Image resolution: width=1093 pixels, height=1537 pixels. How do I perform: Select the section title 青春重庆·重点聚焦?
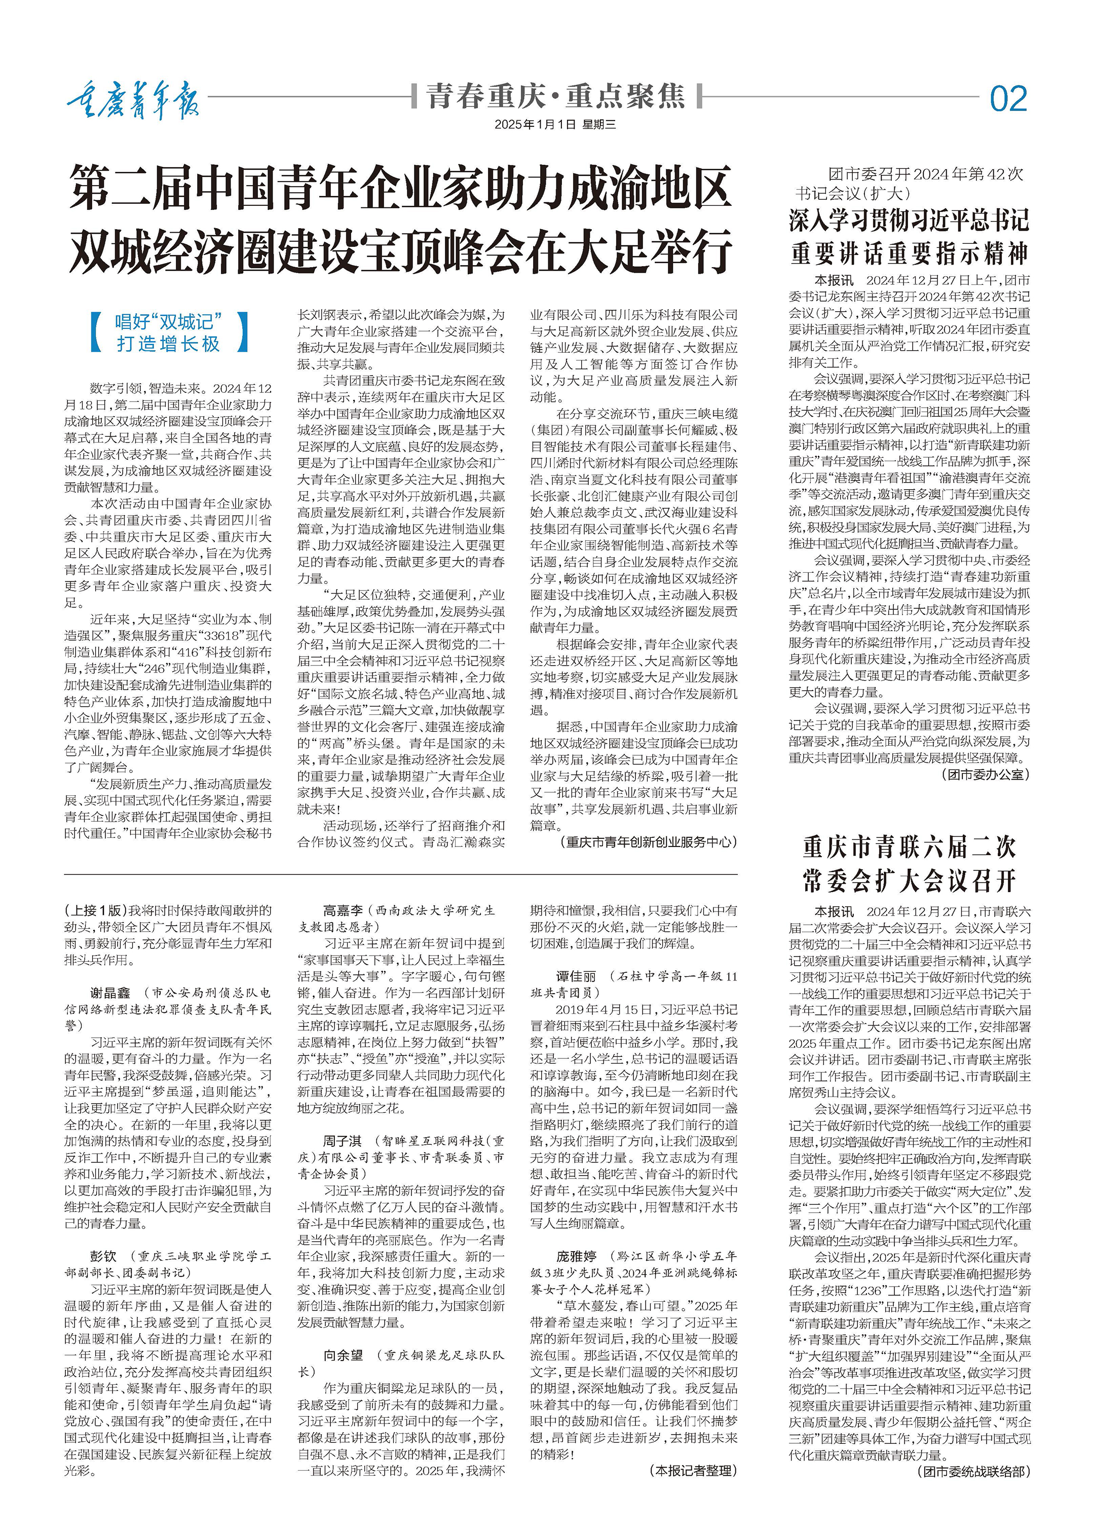(x=556, y=96)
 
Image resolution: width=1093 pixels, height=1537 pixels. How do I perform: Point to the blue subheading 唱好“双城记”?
(x=168, y=321)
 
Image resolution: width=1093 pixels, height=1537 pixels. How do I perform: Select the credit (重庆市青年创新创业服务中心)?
(x=648, y=841)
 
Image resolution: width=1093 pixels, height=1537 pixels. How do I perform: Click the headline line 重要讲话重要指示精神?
(x=909, y=254)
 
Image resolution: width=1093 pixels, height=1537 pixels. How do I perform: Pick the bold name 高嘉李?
(x=342, y=910)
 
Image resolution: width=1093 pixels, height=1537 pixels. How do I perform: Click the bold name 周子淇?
(x=342, y=1141)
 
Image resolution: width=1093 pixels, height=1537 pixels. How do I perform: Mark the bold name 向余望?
(x=342, y=1355)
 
